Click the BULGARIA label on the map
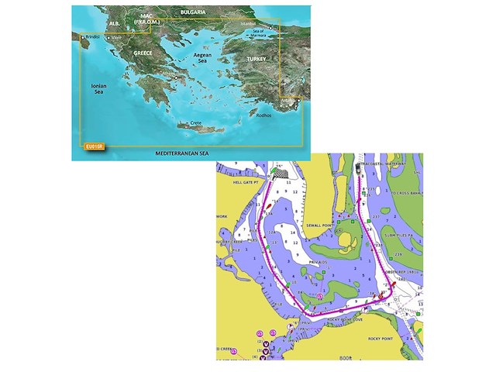(x=191, y=13)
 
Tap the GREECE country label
(x=143, y=53)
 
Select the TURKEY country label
(x=256, y=59)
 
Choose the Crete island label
(x=196, y=123)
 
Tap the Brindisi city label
(x=93, y=36)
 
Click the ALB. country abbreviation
(x=115, y=24)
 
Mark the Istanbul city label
(x=247, y=24)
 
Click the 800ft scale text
(x=344, y=357)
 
